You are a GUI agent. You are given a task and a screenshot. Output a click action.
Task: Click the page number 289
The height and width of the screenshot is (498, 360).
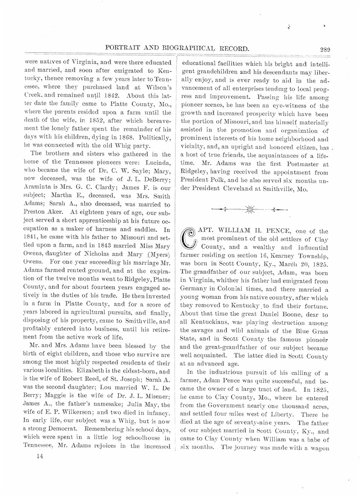point(325,49)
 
